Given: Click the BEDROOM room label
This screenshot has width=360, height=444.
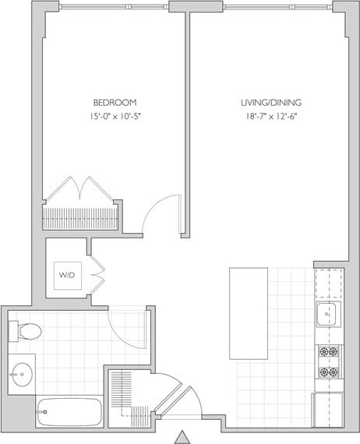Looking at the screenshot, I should (115, 102).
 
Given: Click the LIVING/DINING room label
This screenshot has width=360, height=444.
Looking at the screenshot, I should (269, 102).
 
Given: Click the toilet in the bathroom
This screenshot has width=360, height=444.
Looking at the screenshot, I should (25, 331).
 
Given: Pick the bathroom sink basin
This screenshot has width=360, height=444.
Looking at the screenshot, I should (23, 374).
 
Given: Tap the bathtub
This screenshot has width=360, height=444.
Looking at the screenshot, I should (69, 411).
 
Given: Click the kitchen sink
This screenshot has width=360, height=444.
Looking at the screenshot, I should (328, 314).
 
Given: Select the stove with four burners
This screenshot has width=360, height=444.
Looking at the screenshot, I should (328, 361).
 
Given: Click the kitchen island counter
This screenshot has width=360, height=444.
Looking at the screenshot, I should (249, 312).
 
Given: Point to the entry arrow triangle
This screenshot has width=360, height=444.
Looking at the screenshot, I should (182, 436).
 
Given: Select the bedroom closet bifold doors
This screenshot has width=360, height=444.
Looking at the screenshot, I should (81, 189).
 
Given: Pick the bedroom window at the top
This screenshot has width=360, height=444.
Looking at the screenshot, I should (114, 7).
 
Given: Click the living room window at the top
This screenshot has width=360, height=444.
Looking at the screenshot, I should (277, 7).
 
